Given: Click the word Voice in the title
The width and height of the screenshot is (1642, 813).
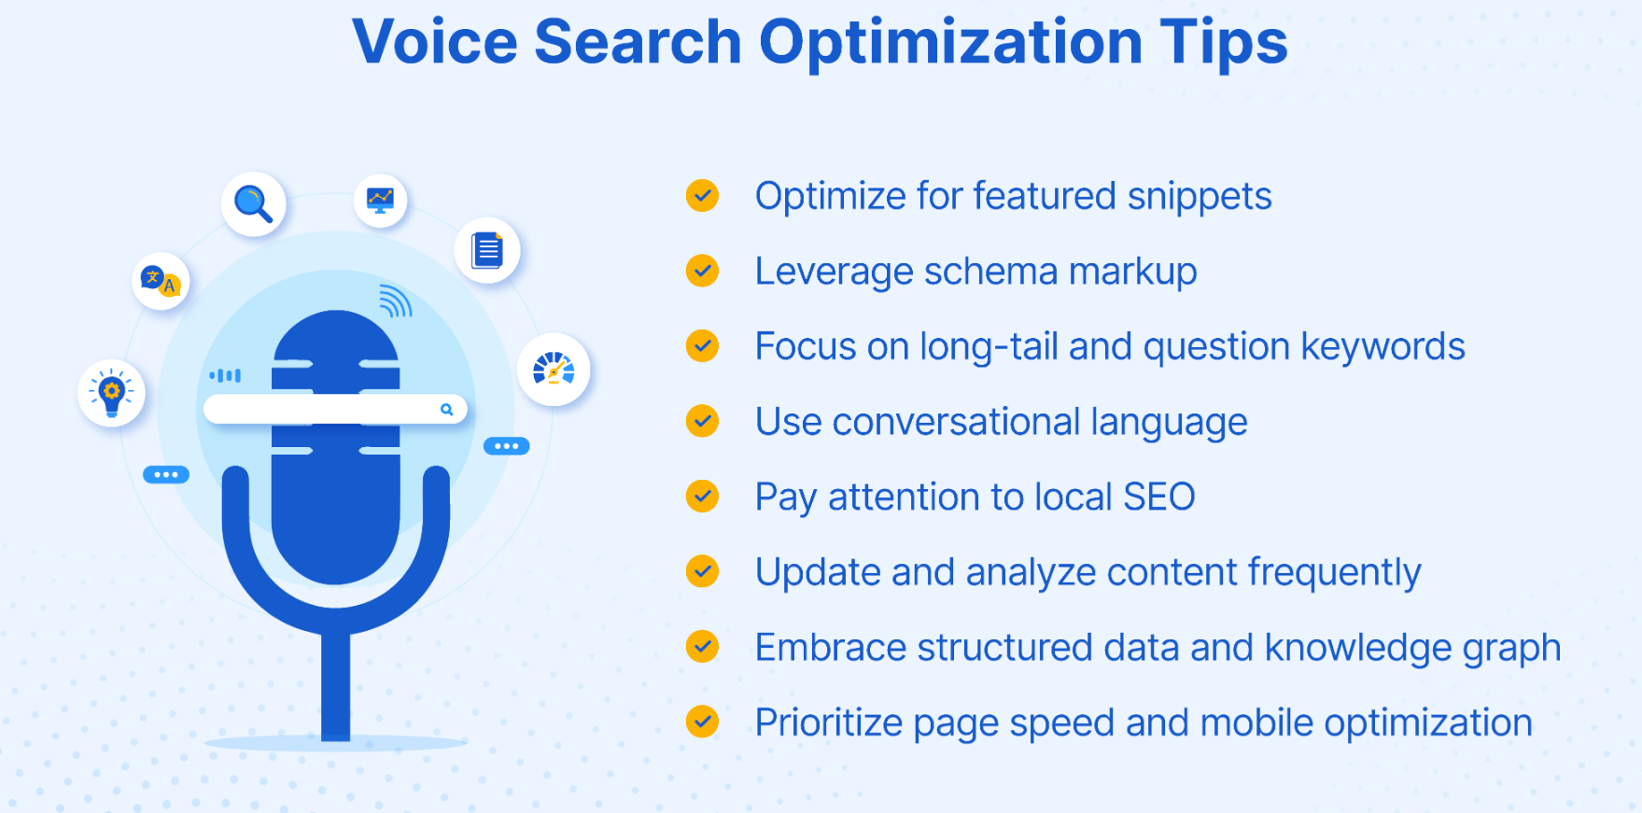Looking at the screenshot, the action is [434, 42].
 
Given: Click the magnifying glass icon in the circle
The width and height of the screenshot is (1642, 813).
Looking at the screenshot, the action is [253, 203].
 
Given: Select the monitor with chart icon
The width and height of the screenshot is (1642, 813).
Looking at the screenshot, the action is [380, 200].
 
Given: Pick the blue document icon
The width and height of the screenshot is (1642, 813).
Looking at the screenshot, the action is [487, 250].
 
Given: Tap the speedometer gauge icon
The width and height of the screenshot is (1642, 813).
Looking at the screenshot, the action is [554, 369].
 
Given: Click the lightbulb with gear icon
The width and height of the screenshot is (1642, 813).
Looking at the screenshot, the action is [112, 392].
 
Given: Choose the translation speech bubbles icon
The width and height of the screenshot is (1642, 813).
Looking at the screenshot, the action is [160, 280].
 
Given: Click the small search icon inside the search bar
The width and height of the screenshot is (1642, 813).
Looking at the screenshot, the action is [446, 409].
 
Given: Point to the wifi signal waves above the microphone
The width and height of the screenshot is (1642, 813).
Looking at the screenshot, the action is [396, 301].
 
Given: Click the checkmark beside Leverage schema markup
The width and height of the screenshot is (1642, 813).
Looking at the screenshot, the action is [702, 271].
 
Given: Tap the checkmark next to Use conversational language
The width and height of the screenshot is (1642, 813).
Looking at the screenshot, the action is [702, 421].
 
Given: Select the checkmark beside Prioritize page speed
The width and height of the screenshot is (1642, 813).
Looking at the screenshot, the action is [702, 722].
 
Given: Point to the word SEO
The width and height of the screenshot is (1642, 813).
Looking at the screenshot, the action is [1159, 498].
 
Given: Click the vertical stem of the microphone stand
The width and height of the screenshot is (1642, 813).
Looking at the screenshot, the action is [336, 685].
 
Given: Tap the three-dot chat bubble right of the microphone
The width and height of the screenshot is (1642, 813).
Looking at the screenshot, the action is [507, 446].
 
